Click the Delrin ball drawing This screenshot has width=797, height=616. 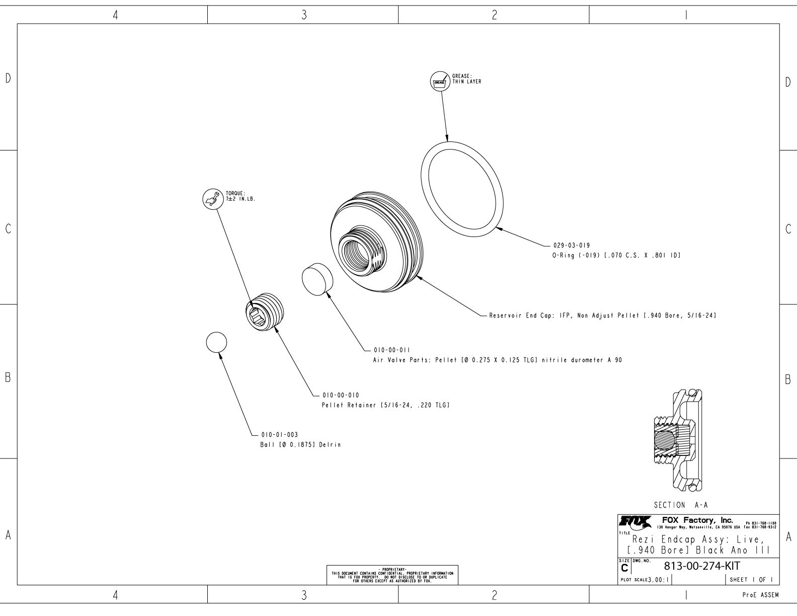(x=216, y=342)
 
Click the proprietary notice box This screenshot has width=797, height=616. (x=392, y=574)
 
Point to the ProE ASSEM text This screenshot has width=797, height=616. (x=761, y=595)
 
